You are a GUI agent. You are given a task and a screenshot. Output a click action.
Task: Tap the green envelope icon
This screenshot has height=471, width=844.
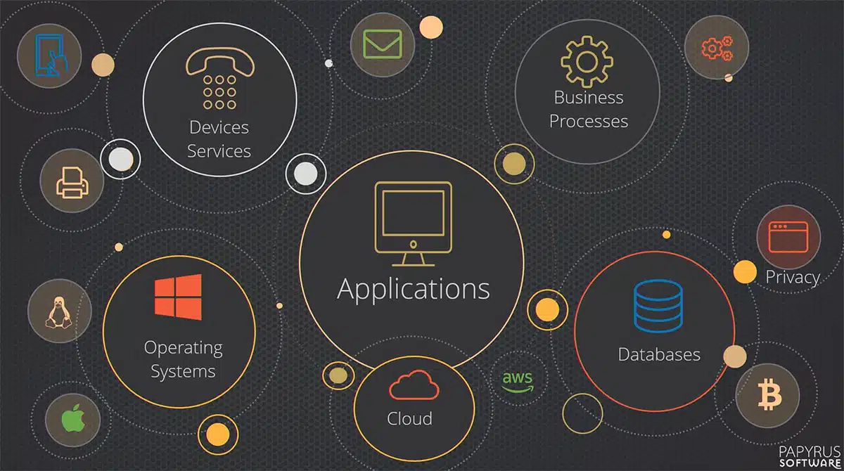(383, 44)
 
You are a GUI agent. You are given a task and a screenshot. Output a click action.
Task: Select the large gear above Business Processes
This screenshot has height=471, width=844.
(587, 62)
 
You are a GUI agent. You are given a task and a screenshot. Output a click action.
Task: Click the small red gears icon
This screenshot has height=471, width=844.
(717, 48)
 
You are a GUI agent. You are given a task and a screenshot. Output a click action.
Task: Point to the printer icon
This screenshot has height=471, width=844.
(72, 183)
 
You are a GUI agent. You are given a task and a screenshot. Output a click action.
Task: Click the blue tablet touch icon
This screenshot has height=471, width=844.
(51, 56)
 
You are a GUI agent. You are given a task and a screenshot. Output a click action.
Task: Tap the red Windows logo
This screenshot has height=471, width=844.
(178, 297)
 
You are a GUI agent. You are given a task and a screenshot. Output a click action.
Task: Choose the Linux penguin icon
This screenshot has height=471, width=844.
(59, 313)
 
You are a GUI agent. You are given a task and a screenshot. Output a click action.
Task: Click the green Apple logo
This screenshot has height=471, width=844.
(73, 418)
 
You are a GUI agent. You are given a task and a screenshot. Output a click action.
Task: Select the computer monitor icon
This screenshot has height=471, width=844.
(414, 224)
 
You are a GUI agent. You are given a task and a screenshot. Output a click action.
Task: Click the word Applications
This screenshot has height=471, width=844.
(414, 290)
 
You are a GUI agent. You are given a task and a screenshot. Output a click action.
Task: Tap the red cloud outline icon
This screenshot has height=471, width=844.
(414, 385)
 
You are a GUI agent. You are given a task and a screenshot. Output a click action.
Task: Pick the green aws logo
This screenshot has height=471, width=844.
(518, 382)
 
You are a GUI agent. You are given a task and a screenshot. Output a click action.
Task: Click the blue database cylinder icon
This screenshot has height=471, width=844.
(658, 306)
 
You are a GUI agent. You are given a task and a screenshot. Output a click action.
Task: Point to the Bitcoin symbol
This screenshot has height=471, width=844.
(769, 394)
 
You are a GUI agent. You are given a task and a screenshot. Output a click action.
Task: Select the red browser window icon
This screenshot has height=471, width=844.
(788, 237)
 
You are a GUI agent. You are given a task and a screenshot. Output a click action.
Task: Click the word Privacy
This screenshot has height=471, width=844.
(793, 278)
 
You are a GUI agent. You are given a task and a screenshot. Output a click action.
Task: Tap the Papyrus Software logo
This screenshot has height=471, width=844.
(810, 456)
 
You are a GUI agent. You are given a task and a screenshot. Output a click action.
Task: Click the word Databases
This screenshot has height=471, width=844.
(659, 354)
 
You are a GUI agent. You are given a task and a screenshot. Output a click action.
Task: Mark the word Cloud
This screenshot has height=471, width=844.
(409, 418)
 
